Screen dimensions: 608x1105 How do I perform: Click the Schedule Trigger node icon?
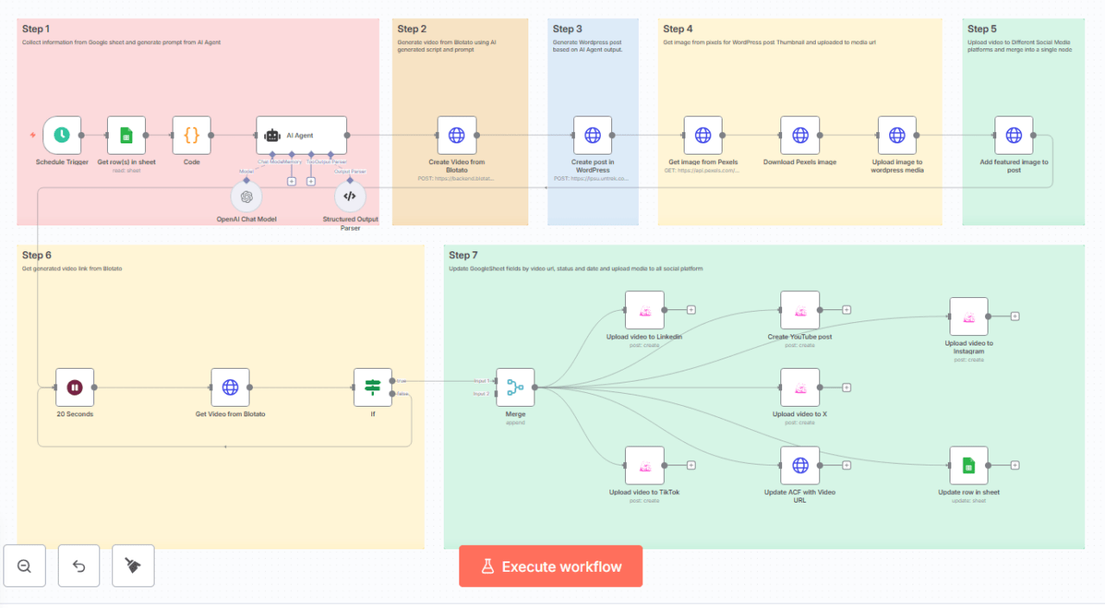pos(61,136)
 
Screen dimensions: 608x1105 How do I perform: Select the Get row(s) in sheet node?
pos(126,136)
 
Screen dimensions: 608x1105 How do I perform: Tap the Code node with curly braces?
pos(192,136)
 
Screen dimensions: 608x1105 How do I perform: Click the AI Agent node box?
pos(301,136)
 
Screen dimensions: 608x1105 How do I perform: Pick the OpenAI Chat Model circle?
pos(247,197)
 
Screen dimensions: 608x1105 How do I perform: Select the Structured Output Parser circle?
pos(350,197)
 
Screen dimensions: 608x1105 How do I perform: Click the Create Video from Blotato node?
pos(457,136)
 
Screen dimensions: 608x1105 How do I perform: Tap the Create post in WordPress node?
pos(592,136)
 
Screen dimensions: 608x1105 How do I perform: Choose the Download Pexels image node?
pos(799,136)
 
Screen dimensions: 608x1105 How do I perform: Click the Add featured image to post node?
pos(1013,136)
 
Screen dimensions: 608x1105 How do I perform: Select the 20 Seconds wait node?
pos(75,388)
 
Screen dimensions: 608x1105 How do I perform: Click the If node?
pos(373,388)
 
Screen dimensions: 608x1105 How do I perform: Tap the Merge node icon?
pos(515,388)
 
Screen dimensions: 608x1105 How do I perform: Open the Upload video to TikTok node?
pos(644,465)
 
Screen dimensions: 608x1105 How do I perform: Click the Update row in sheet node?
pos(969,465)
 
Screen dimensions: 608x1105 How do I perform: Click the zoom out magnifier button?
pos(24,566)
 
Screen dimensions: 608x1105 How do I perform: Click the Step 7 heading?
pos(464,255)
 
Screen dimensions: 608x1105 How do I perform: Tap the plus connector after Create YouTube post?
pos(847,310)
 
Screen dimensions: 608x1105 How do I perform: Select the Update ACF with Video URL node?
pos(799,465)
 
